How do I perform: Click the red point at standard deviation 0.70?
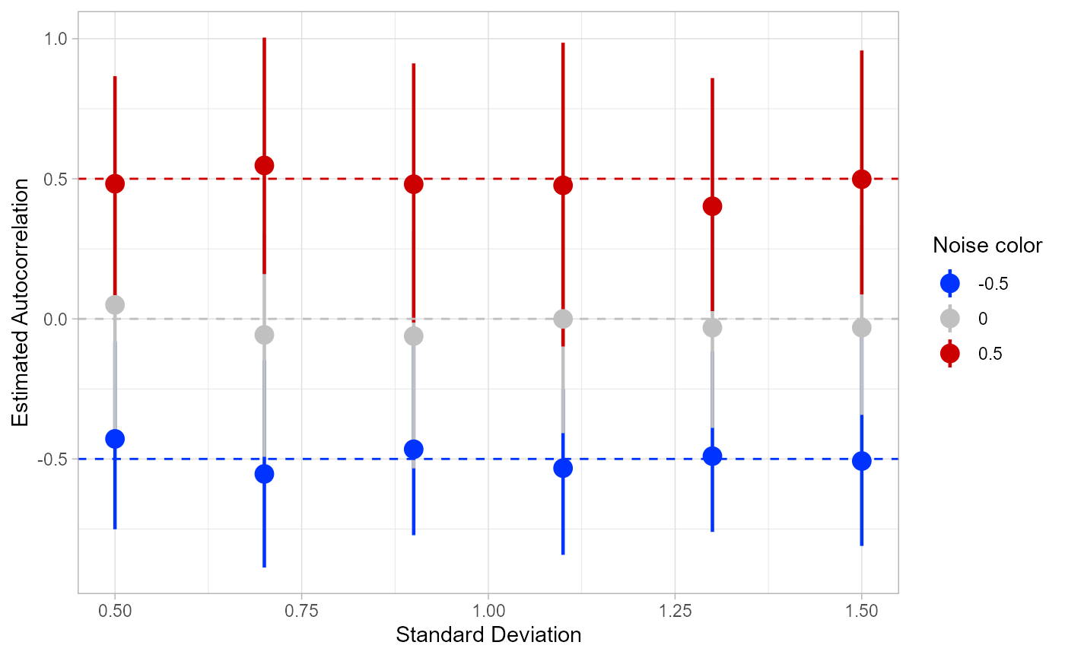[x=264, y=165]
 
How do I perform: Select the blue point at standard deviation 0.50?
[x=115, y=438]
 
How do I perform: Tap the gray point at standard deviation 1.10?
[x=563, y=319]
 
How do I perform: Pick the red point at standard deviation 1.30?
[x=712, y=206]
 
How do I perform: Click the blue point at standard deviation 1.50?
[x=861, y=461]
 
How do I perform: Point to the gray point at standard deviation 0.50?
[x=115, y=305]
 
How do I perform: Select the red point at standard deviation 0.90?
[x=413, y=184]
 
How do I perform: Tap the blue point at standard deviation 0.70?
[x=264, y=473]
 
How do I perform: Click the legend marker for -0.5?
[x=950, y=283]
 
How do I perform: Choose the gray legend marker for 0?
[x=950, y=318]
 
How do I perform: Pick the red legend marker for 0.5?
[x=950, y=353]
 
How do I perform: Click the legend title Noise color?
[x=987, y=246]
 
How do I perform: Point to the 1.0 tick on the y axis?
[x=57, y=39]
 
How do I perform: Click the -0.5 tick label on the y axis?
[x=55, y=459]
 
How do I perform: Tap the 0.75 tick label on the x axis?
[x=301, y=611]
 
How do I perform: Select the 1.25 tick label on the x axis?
[x=675, y=611]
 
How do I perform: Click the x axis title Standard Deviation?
[x=488, y=635]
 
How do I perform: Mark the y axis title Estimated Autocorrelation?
[x=21, y=303]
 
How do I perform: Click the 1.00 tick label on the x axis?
[x=488, y=611]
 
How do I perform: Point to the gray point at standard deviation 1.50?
[x=861, y=327]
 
